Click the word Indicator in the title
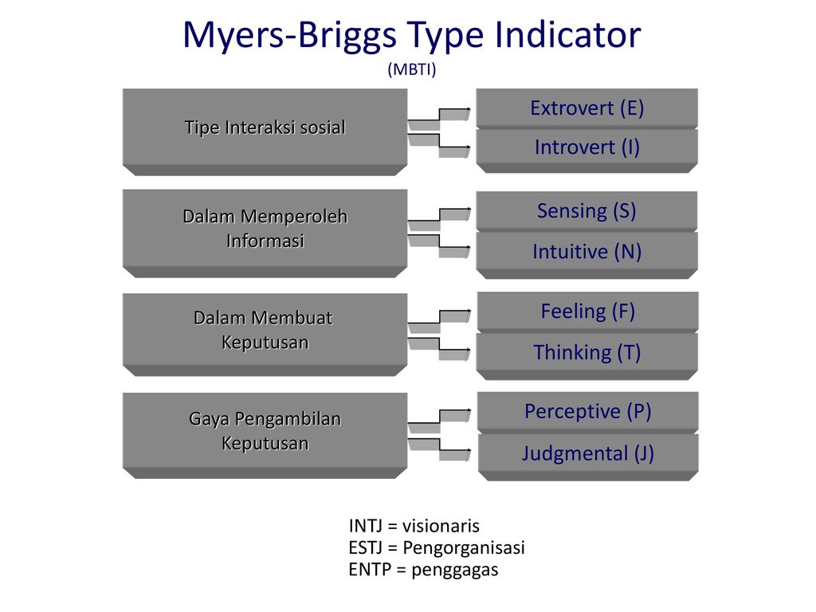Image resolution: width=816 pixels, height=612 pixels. (567, 34)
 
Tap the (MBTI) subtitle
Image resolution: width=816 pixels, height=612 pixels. (412, 69)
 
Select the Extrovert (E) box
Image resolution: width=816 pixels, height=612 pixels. (587, 108)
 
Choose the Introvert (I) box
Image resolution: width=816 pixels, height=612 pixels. (587, 150)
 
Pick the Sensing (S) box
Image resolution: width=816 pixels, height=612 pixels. (587, 210)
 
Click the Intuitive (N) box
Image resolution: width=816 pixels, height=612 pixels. (587, 254)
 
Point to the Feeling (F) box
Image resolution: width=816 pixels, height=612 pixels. (587, 312)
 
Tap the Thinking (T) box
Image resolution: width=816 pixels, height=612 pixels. (587, 355)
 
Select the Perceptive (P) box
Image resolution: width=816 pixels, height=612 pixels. (588, 412)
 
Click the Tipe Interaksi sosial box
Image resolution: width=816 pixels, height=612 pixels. (265, 131)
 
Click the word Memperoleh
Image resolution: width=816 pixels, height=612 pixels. (294, 217)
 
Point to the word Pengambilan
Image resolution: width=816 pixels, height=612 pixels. (288, 419)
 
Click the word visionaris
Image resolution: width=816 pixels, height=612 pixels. (441, 526)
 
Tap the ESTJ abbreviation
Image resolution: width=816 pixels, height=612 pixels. (366, 547)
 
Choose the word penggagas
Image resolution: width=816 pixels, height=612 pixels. (455, 571)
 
